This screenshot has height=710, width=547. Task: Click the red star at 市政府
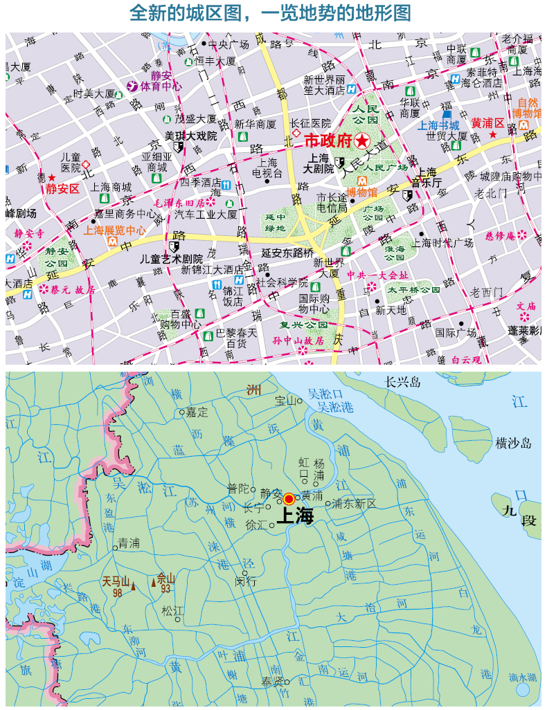coord(362,141)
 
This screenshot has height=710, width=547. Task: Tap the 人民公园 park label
coord(364,114)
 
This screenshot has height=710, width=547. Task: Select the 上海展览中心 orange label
coord(114,230)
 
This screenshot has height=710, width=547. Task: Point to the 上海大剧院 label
coord(319,163)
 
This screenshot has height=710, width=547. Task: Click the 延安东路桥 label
coord(287,253)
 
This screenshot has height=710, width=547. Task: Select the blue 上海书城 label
coord(439,125)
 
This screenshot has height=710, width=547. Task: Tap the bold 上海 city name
coord(295,516)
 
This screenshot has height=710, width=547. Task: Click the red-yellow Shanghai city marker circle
coord(289,498)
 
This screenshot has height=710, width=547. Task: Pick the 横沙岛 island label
coord(512,444)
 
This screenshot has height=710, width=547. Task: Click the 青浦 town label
coord(129,543)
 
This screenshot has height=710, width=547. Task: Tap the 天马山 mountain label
coord(116,581)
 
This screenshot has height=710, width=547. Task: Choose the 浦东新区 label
coord(355,503)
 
